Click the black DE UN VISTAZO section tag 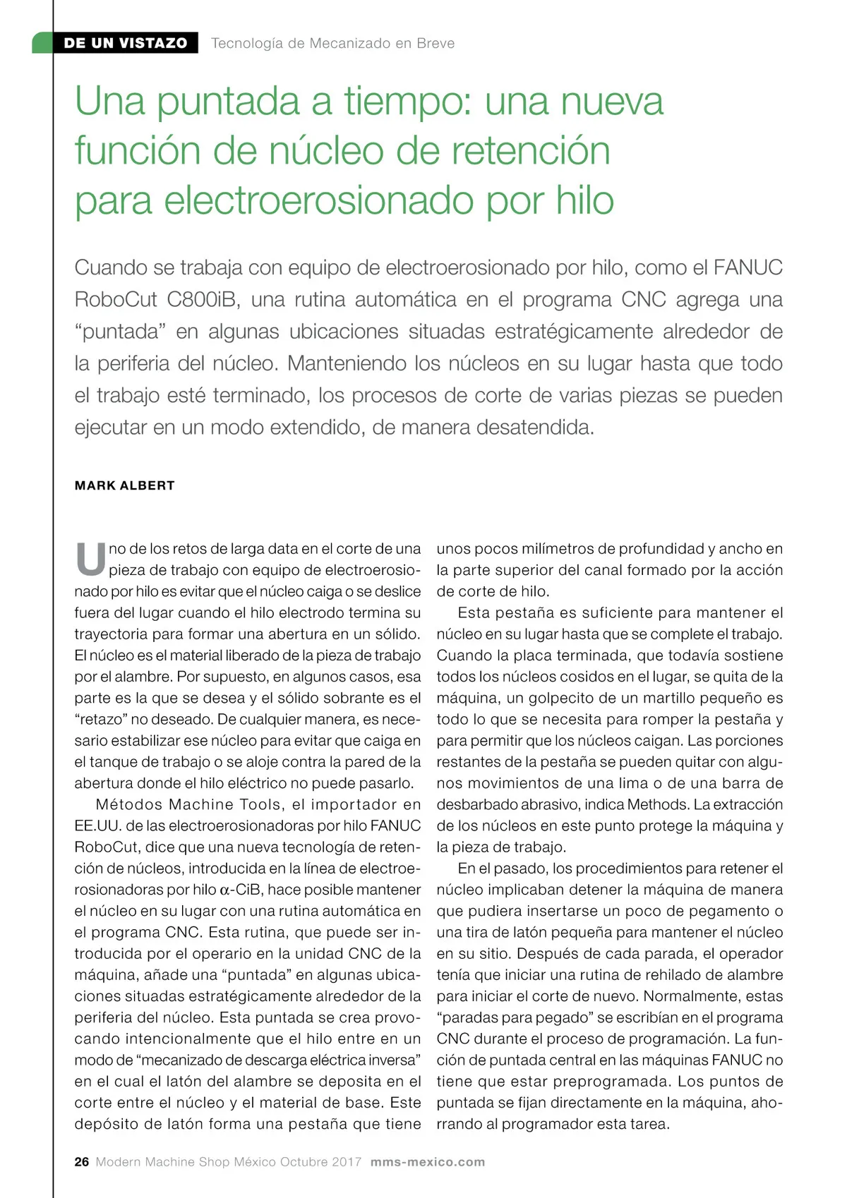pos(125,43)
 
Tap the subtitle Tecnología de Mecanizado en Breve pos(332,43)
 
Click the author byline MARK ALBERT pos(125,485)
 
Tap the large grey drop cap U pos(90,559)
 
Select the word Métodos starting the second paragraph pos(129,804)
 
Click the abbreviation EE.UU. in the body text pos(97,825)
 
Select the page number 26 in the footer pos(82,1162)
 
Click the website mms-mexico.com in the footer pos(428,1162)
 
